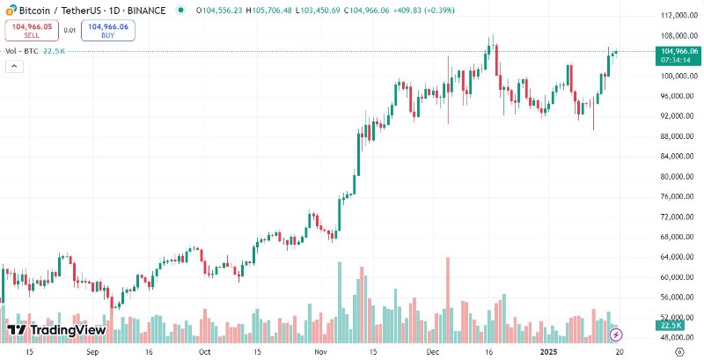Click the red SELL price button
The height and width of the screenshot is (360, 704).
(31, 31)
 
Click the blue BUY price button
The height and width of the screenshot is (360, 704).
(107, 31)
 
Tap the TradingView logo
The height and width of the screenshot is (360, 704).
(56, 330)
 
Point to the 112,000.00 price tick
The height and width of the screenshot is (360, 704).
(674, 15)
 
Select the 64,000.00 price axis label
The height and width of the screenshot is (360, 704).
(674, 257)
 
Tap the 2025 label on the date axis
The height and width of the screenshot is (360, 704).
(547, 351)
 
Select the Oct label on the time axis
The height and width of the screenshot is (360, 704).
(205, 351)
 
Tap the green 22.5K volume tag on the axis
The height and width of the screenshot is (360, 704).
(673, 326)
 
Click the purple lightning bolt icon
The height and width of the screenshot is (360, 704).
(617, 334)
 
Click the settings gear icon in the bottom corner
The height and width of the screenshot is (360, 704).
(678, 351)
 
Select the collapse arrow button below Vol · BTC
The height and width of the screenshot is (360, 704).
(14, 68)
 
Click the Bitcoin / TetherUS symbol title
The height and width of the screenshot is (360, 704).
(53, 10)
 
